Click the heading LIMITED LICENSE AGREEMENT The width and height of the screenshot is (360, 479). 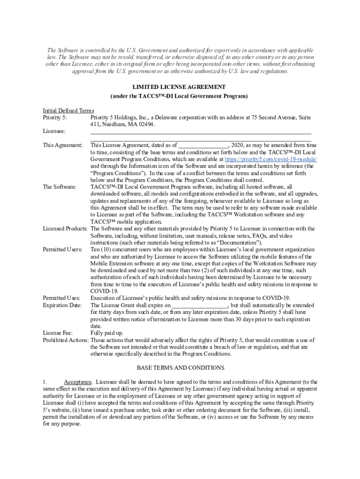(179, 87)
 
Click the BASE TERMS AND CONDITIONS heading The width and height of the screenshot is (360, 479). (180, 368)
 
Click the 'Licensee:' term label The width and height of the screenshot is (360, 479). (54, 131)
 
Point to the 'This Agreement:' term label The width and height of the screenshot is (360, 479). (63, 145)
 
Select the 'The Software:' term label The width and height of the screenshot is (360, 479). (59, 187)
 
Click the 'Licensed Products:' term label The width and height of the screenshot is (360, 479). (65, 229)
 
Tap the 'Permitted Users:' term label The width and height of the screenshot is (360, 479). (63, 250)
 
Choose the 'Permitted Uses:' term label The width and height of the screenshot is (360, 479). (61, 298)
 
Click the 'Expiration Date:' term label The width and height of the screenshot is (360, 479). (63, 305)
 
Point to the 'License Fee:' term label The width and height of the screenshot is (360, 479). (58, 333)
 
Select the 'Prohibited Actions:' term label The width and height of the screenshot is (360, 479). (65, 340)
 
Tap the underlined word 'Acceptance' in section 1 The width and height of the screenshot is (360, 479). (78, 382)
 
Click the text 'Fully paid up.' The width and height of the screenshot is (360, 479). (107, 333)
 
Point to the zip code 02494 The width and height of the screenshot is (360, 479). (146, 125)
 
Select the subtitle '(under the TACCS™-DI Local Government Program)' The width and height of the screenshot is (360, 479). (179, 96)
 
